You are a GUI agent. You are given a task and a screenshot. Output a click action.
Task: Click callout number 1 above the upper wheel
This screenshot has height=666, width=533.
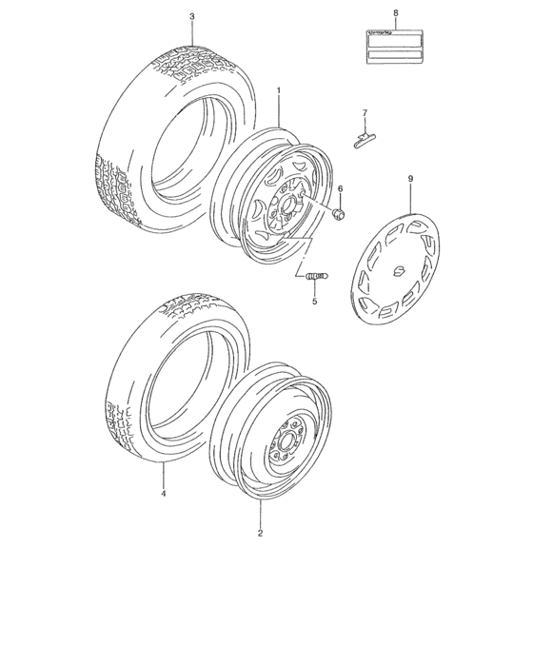click(278, 90)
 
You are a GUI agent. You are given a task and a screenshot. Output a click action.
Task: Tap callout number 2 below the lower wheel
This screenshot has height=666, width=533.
click(260, 534)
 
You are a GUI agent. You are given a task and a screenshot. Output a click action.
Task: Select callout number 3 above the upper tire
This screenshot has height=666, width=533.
click(191, 17)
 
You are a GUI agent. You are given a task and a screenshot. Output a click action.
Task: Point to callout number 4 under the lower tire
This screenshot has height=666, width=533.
click(164, 494)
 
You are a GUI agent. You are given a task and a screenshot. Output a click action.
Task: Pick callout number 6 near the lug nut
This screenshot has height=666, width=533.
click(339, 188)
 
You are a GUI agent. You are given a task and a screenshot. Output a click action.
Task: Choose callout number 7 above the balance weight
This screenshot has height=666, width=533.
click(363, 115)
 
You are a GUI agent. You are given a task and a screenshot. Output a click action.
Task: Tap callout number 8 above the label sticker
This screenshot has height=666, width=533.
click(395, 13)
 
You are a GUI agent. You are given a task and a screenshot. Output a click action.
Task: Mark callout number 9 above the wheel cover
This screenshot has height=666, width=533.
click(410, 178)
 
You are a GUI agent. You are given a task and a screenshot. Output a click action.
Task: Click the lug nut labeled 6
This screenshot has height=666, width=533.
click(339, 211)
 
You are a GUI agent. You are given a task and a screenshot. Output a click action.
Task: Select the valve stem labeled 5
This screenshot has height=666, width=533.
click(315, 277)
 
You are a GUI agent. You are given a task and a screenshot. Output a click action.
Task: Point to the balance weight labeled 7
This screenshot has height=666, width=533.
click(363, 139)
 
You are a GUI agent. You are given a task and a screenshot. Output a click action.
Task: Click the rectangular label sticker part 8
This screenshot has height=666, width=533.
click(395, 46)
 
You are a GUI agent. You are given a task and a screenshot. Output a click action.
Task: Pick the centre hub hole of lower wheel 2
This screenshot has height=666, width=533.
click(285, 441)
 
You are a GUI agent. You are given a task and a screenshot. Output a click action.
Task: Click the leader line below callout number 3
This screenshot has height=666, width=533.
click(191, 32)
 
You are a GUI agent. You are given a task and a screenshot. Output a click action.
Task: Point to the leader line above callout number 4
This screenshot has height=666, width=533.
click(164, 476)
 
